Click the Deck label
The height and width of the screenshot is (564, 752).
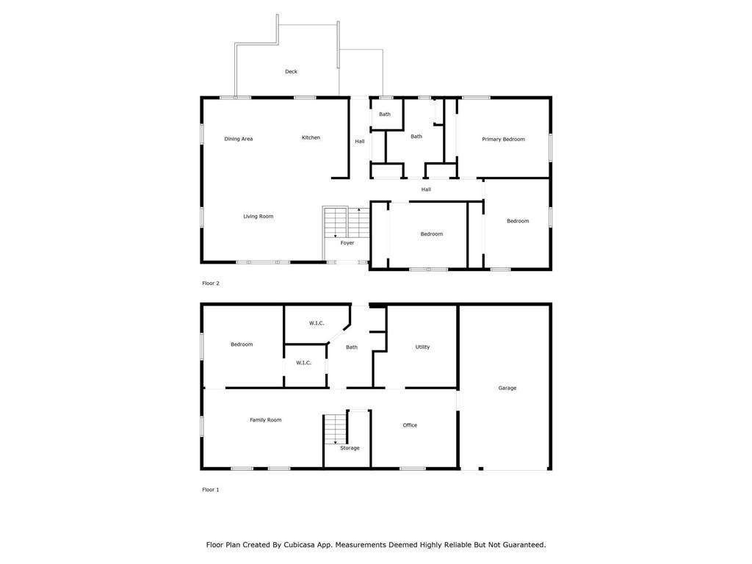(x=291, y=71)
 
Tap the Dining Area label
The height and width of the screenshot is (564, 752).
(x=239, y=139)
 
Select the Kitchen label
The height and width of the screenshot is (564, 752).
(x=311, y=137)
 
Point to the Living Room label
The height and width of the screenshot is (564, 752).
(x=258, y=217)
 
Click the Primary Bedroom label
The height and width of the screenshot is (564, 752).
(x=503, y=139)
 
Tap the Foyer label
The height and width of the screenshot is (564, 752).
(x=347, y=243)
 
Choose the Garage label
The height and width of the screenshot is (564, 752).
(x=507, y=388)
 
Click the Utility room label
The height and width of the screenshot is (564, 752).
(x=422, y=347)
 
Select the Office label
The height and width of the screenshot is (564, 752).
(x=410, y=425)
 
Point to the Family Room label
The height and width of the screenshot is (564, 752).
(x=265, y=420)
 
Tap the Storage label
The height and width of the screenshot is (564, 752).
(x=350, y=448)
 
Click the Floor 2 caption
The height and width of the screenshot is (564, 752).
(x=211, y=283)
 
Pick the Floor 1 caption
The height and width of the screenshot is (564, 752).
(x=211, y=490)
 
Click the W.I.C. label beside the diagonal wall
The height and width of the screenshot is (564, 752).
(x=317, y=323)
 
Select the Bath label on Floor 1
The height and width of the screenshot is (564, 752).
(x=352, y=347)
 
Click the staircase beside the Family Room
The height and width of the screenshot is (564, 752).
(x=335, y=429)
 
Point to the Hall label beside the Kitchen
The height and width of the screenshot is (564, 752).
(x=360, y=142)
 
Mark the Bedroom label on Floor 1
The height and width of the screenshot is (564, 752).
(x=242, y=344)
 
